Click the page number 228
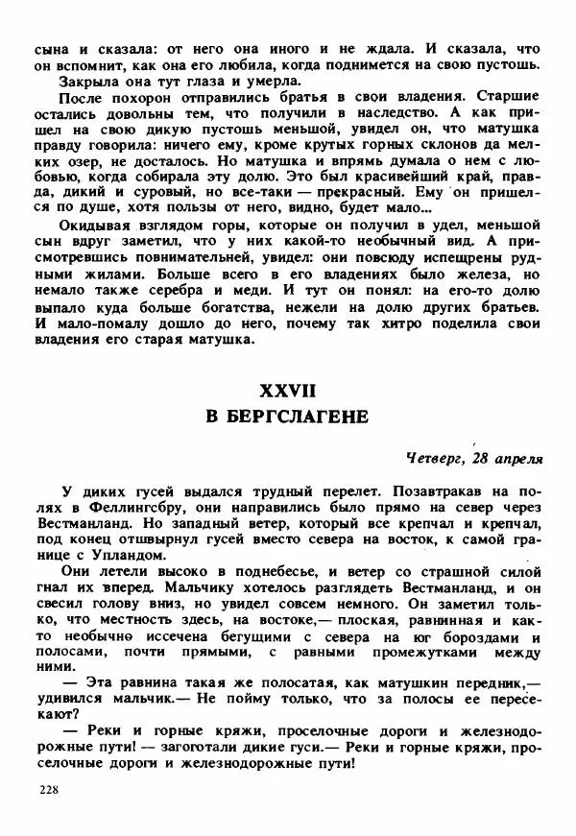coord(49,789)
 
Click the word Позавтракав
coord(399,489)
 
